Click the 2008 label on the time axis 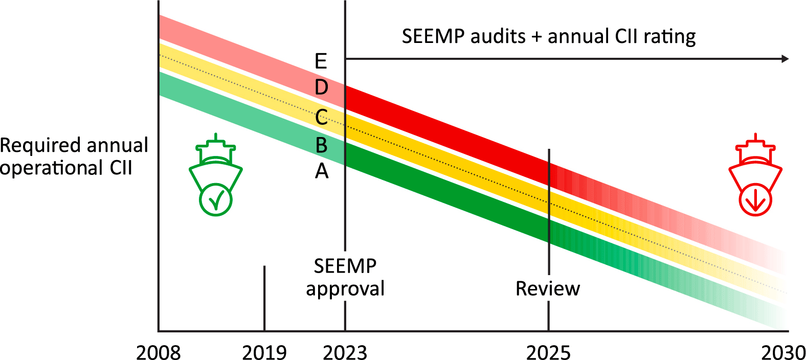(x=159, y=352)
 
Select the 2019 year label (x=264, y=352)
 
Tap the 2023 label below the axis (x=345, y=352)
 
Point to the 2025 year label (x=548, y=352)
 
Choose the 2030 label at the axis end (x=783, y=352)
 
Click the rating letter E (x=321, y=61)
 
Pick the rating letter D (x=321, y=87)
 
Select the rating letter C (x=321, y=118)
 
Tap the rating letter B (x=321, y=146)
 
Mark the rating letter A (x=321, y=171)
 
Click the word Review (x=548, y=289)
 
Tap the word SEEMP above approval (x=345, y=266)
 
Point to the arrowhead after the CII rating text (x=785, y=59)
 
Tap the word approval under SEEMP (x=345, y=289)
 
